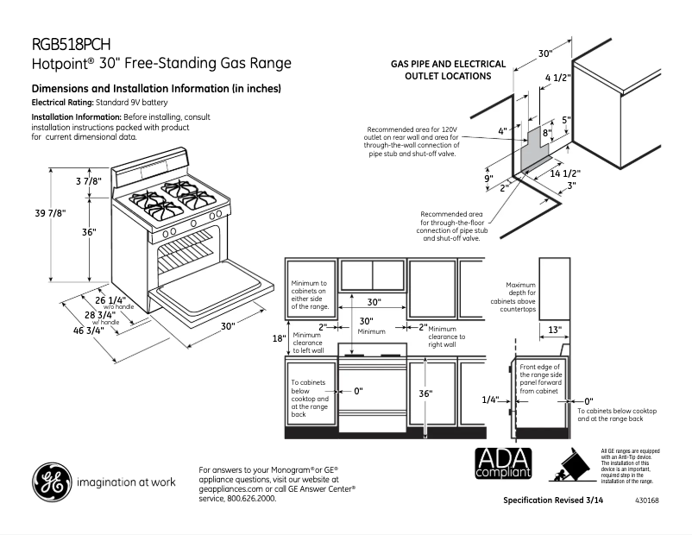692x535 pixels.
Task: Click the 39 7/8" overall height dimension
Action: (49, 213)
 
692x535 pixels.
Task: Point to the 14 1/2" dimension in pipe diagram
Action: (565, 173)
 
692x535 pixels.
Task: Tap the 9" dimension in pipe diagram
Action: (488, 179)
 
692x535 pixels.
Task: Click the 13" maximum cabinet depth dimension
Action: (555, 330)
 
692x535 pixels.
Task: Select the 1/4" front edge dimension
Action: (491, 400)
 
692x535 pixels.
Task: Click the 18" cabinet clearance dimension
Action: (279, 338)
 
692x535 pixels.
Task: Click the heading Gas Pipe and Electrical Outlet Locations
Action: (441, 70)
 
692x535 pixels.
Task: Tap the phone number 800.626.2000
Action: (250, 499)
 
